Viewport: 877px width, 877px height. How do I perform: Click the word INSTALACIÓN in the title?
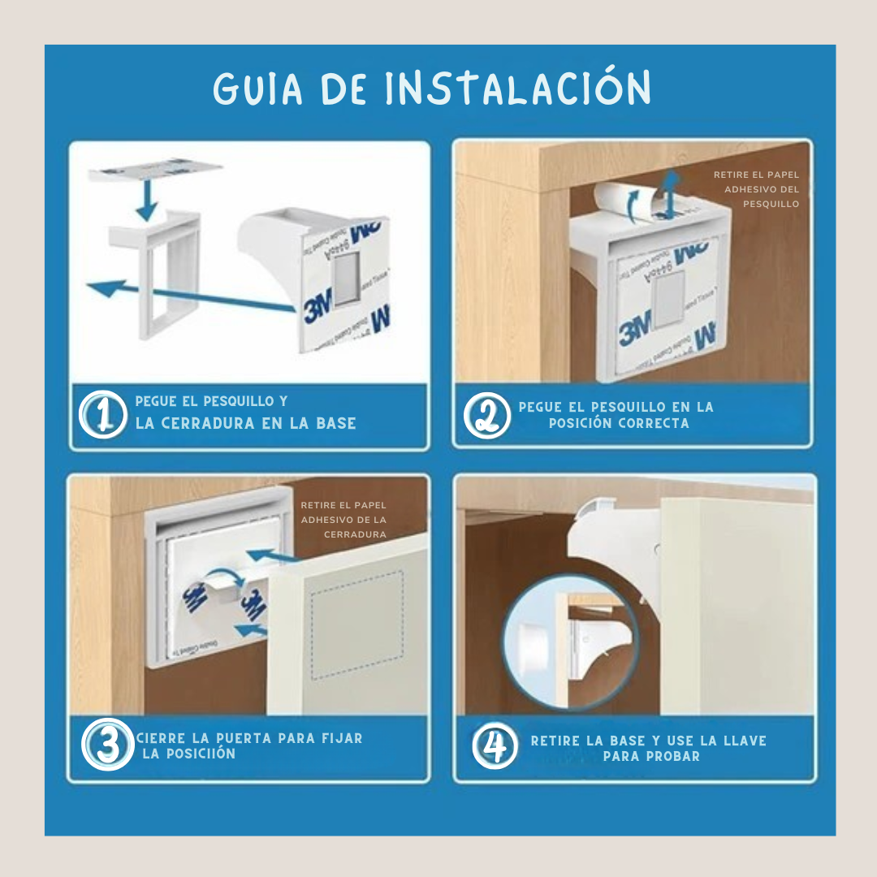pos(518,89)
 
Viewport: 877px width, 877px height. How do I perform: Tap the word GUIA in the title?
pos(259,89)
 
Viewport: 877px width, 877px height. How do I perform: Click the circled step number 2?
pos(486,416)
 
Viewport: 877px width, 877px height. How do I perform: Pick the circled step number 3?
pos(106,745)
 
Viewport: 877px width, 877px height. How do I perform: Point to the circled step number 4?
pos(494,745)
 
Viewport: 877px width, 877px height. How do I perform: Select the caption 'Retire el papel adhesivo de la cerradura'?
pos(343,520)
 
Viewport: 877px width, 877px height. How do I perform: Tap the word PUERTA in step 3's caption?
pos(244,738)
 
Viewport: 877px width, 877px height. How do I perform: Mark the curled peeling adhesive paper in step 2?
pos(617,202)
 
